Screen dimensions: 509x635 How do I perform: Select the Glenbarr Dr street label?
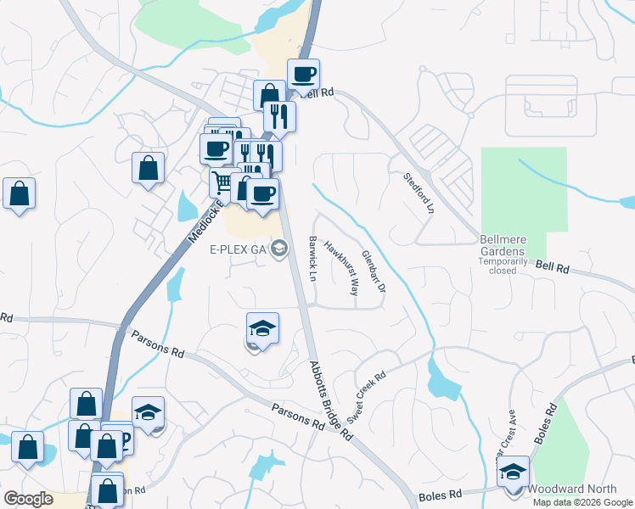(x=374, y=271)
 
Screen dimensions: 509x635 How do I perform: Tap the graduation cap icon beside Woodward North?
(x=513, y=471)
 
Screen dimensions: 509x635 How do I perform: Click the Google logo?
(x=28, y=498)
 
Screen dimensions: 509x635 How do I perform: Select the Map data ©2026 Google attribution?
(x=582, y=502)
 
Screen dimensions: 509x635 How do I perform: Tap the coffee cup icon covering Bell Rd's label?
(x=303, y=74)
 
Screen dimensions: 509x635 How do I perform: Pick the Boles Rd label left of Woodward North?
(x=441, y=494)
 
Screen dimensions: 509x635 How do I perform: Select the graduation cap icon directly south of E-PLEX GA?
(x=262, y=327)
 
